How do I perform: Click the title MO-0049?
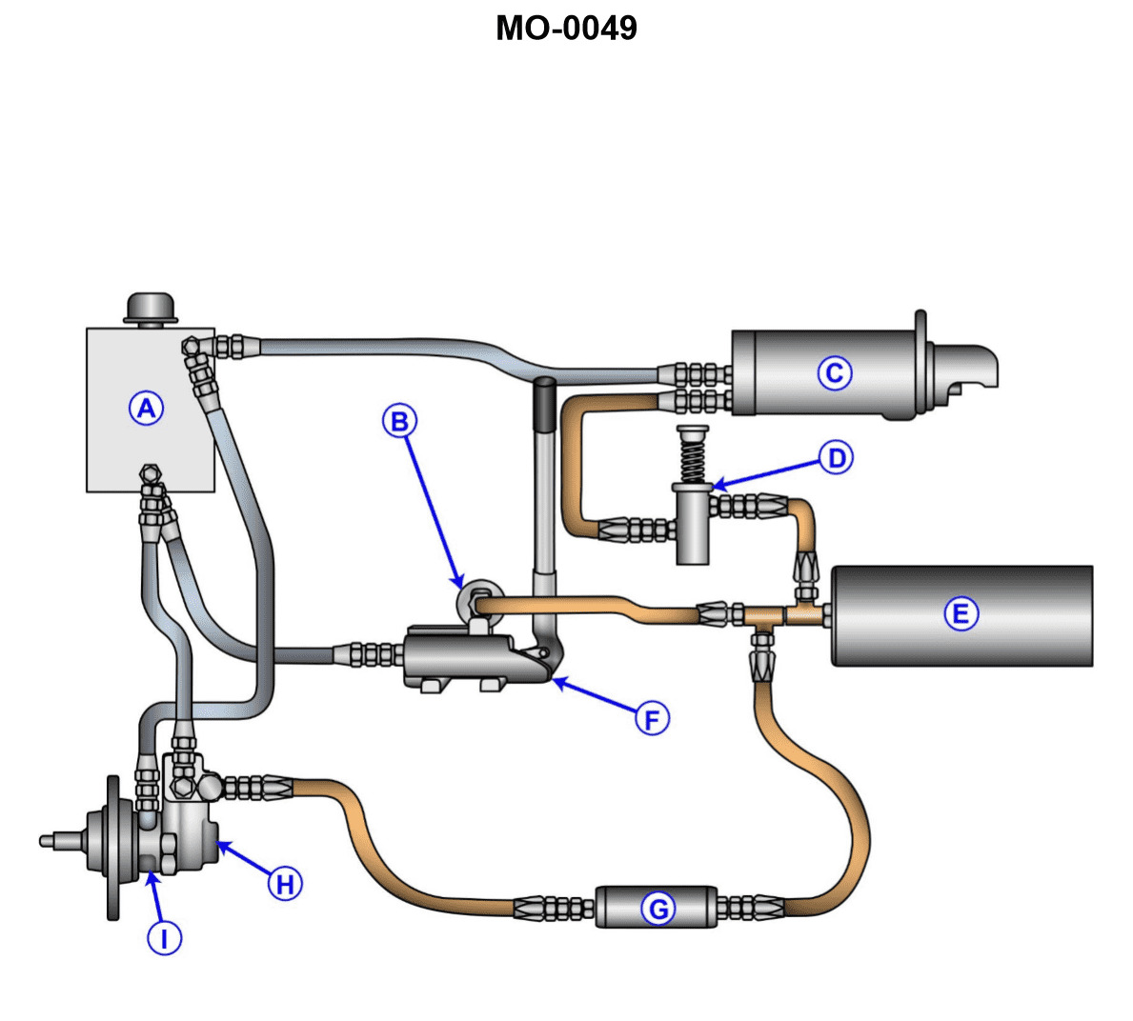566,28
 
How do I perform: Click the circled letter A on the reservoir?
146,409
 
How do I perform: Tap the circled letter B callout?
400,421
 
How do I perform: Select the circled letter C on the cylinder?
835,373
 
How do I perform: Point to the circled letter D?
837,458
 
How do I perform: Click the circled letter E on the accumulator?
961,613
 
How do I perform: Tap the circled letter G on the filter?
658,910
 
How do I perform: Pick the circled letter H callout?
285,884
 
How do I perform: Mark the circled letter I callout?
164,939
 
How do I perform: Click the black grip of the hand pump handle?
544,404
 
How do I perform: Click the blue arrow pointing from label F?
595,696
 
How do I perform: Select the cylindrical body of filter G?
657,907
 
